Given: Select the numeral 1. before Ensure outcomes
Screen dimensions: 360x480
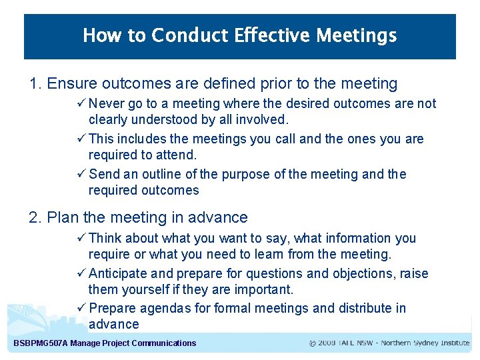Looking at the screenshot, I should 36,84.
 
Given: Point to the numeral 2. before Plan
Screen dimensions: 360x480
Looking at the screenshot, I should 36,218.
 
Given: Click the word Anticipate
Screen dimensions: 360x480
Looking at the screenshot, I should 117,273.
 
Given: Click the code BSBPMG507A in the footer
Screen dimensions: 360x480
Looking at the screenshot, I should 41,343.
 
